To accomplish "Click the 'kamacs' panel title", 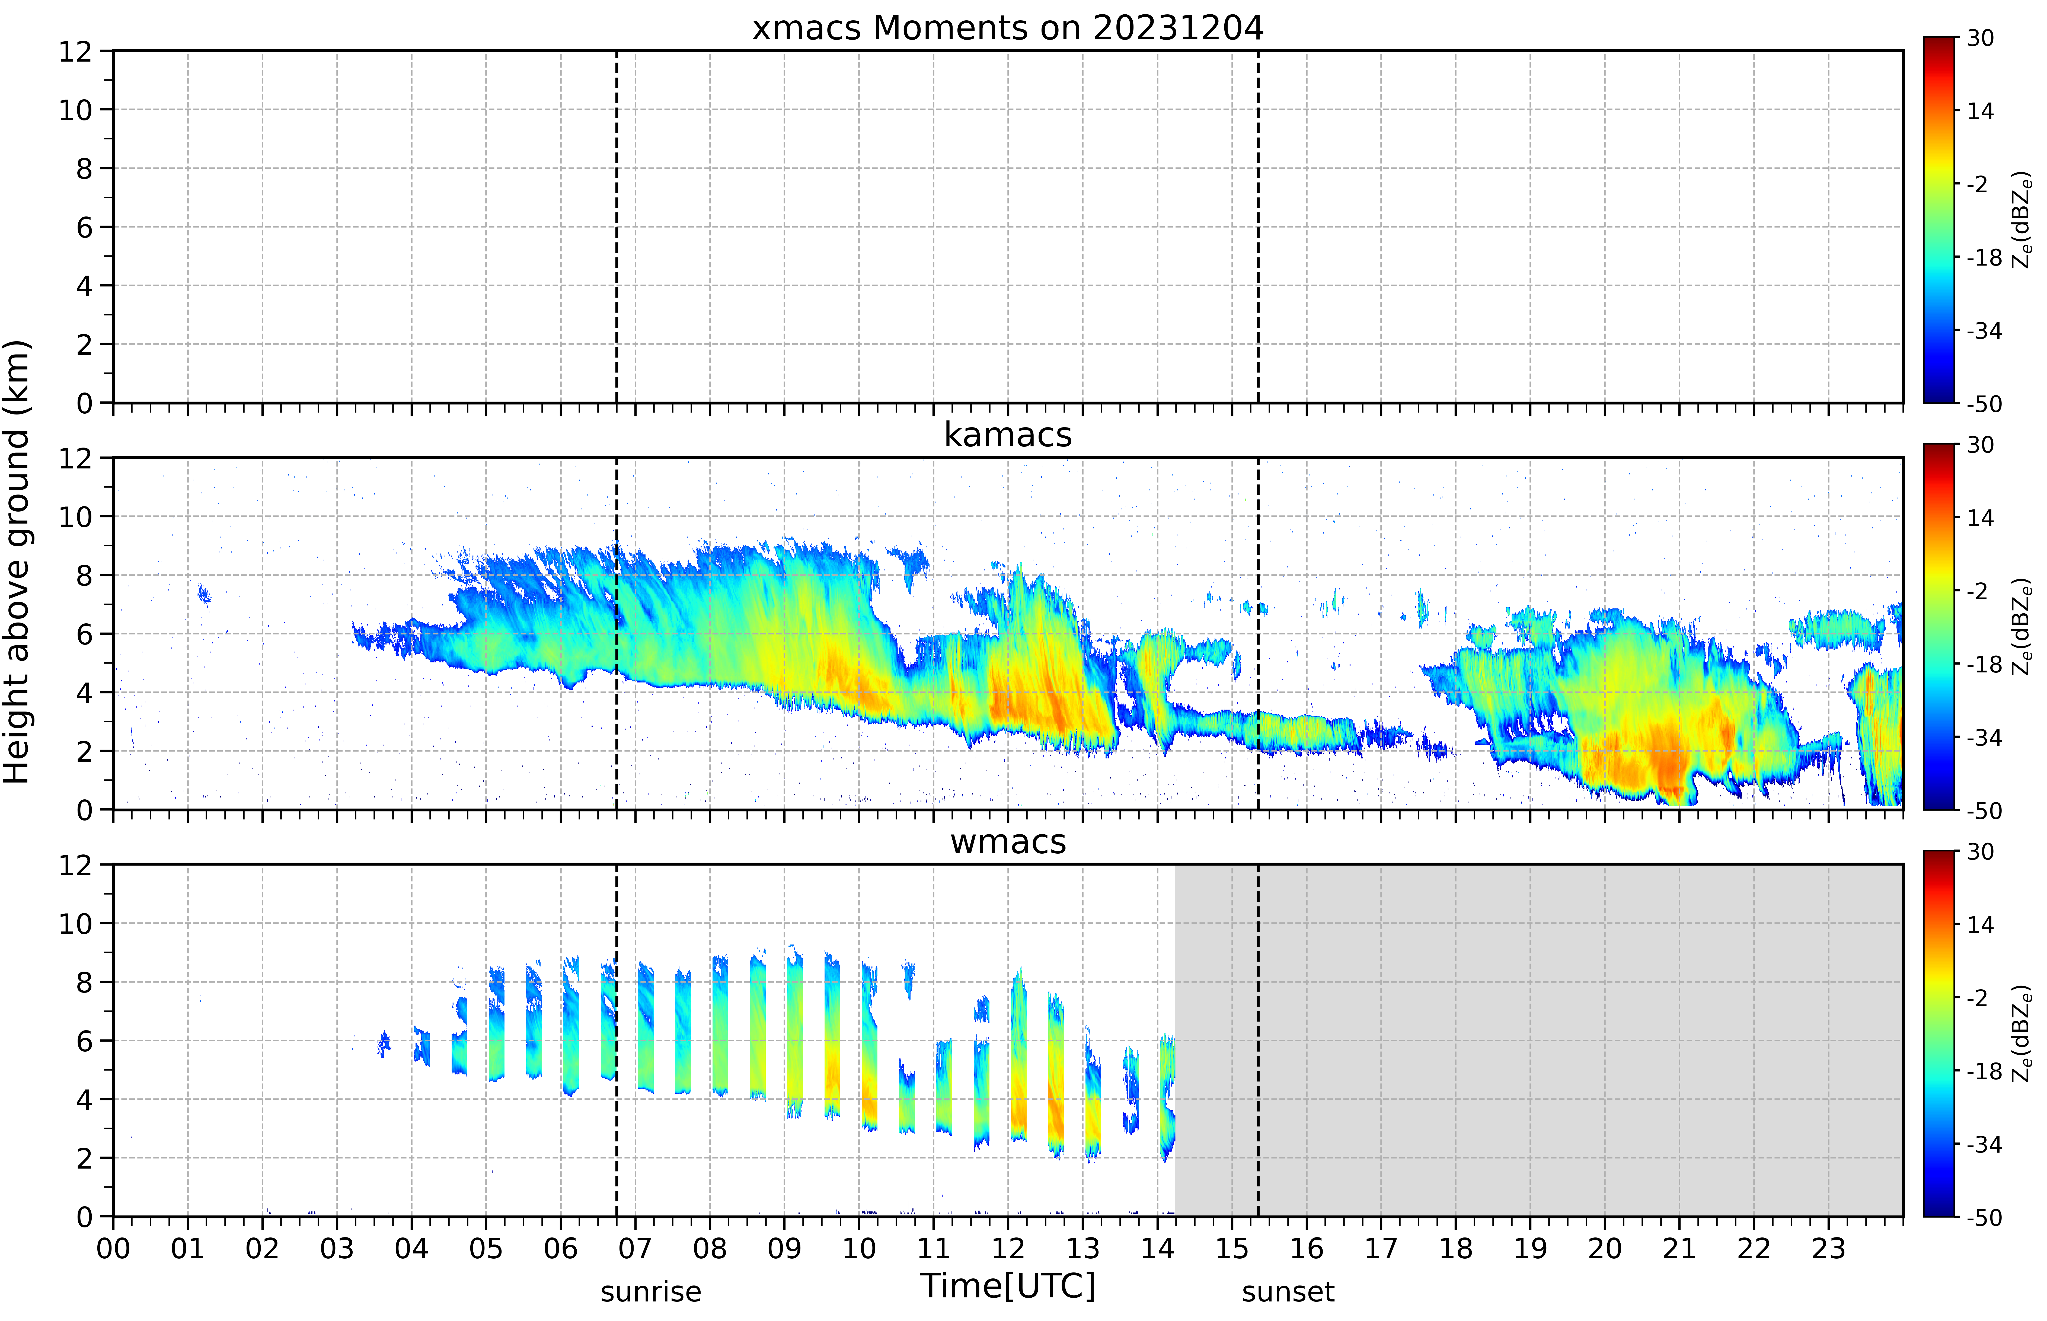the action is (x=1008, y=435).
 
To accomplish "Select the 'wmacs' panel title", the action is (x=1008, y=841).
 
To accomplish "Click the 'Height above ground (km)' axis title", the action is (x=17, y=562).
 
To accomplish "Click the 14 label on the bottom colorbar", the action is (x=1980, y=925).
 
